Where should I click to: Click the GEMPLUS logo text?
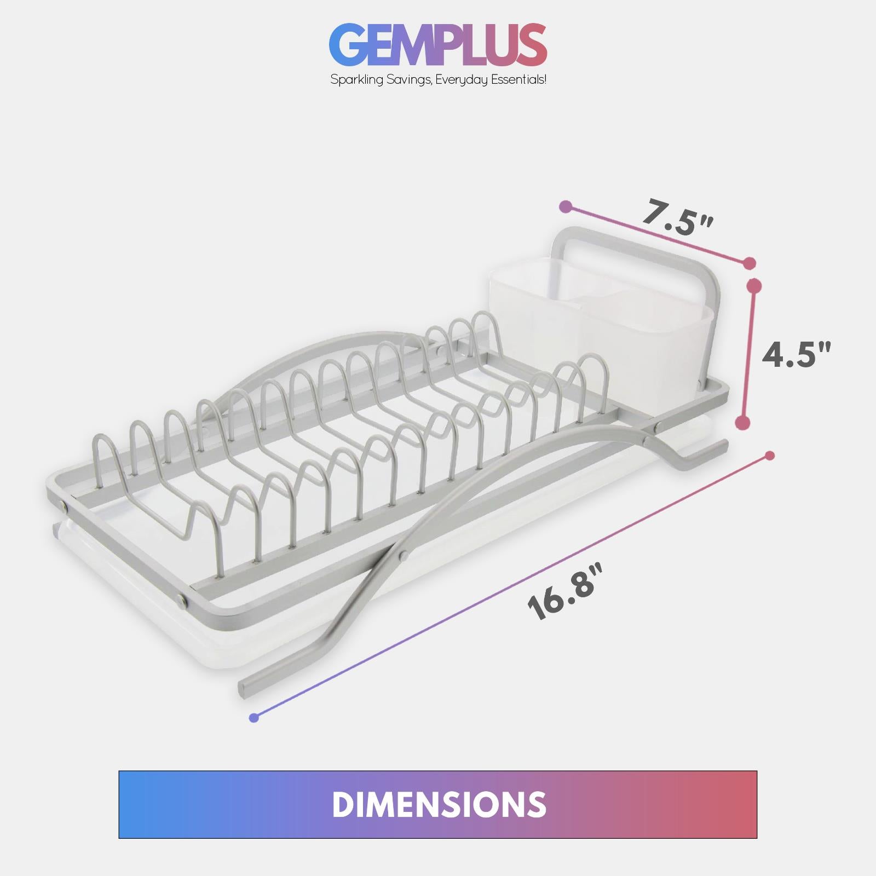438,45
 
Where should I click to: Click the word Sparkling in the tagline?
353,80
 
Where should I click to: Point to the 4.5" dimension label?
797,355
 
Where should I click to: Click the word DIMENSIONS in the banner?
438,804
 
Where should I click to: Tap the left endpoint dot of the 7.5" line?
566,207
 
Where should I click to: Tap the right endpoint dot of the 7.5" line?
750,263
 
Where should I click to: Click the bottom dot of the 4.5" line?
742,422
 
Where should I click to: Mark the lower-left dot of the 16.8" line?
253,718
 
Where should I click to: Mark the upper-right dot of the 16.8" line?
770,456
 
